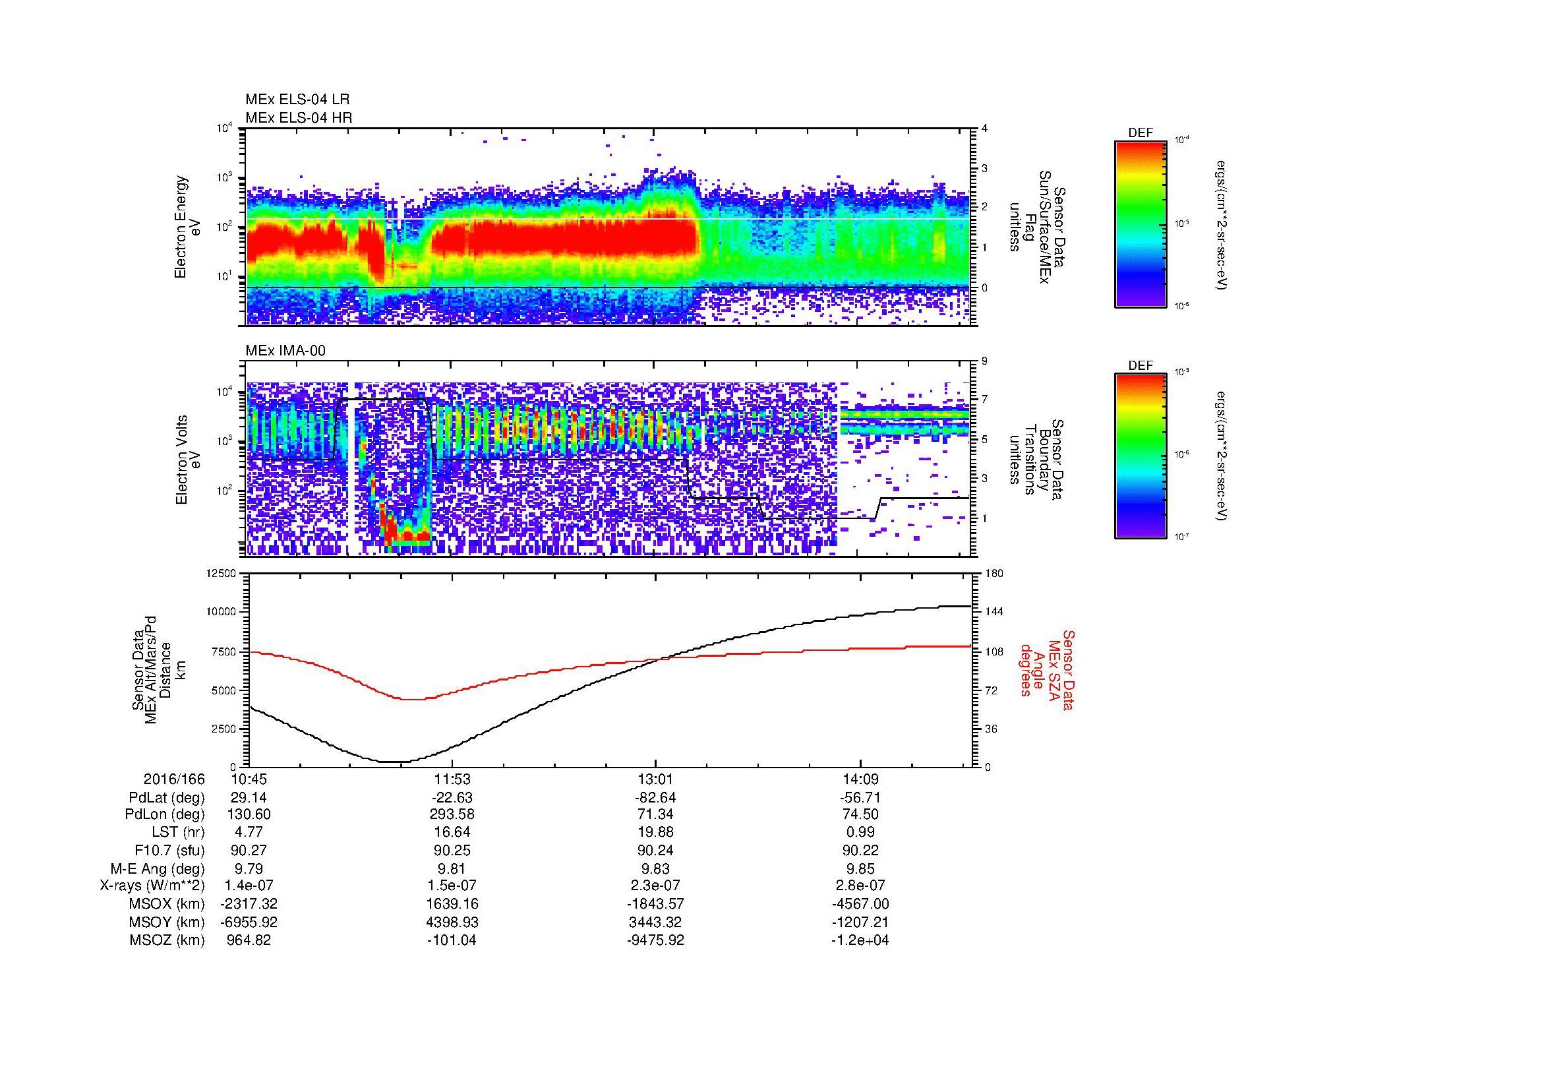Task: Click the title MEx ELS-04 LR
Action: [x=297, y=100]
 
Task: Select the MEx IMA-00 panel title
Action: [x=285, y=351]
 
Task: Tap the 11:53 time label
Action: [x=453, y=779]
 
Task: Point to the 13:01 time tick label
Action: [x=655, y=779]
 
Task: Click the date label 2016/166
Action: [x=174, y=779]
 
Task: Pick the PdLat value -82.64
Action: [x=655, y=798]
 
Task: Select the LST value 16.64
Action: [x=453, y=832]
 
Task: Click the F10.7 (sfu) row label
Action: [x=169, y=850]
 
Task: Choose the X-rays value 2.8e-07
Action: [x=860, y=886]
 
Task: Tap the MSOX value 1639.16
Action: [x=453, y=904]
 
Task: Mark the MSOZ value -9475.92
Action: [x=655, y=940]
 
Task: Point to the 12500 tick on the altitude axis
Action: [x=221, y=573]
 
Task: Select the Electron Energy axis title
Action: [x=188, y=227]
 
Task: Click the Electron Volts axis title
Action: [x=188, y=460]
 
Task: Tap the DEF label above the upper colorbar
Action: [x=1141, y=133]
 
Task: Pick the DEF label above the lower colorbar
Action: [x=1141, y=366]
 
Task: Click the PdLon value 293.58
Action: [x=453, y=814]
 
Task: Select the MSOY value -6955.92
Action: [x=249, y=922]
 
